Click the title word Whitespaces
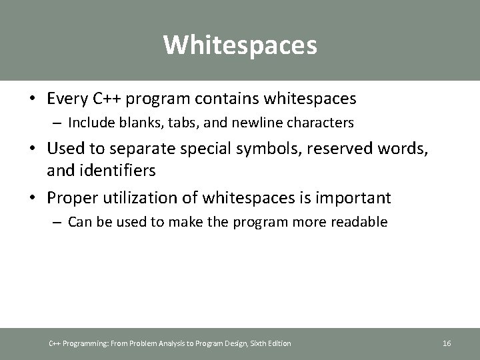(x=240, y=45)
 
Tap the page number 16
(x=447, y=343)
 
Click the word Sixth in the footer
(x=253, y=343)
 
